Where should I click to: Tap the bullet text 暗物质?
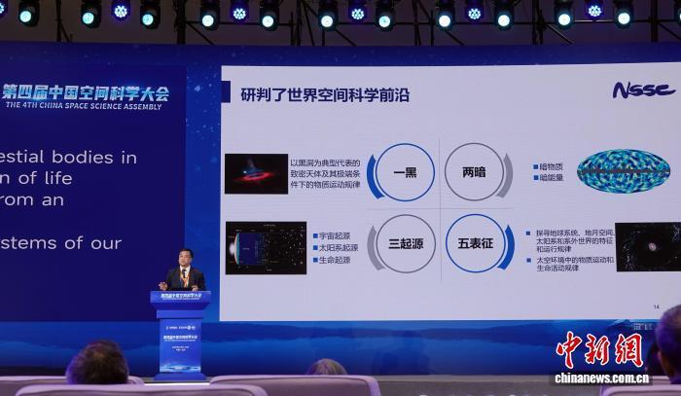(x=550, y=166)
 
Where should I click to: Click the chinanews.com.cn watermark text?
(x=602, y=378)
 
